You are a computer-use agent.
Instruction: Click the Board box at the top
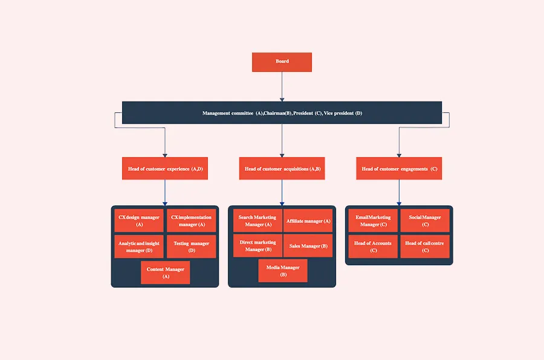click(x=282, y=62)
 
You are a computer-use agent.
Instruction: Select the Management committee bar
click(x=282, y=113)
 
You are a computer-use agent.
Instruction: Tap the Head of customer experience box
click(x=165, y=169)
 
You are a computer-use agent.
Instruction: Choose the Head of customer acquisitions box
click(x=282, y=169)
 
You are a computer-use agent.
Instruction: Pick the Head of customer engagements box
click(x=399, y=169)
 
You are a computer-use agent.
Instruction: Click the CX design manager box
click(x=139, y=220)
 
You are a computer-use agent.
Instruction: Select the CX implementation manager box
click(x=191, y=220)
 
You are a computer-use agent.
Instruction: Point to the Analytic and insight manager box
click(x=139, y=246)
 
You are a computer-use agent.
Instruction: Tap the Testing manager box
click(x=191, y=246)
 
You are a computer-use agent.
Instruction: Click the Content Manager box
click(x=165, y=272)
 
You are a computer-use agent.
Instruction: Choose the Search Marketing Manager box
click(x=257, y=220)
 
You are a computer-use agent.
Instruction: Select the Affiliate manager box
click(x=308, y=220)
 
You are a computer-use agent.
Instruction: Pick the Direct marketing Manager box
click(x=257, y=246)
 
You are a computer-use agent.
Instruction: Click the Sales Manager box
click(x=308, y=246)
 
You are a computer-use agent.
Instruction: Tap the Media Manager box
click(x=283, y=271)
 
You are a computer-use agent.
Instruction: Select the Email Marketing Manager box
click(x=373, y=220)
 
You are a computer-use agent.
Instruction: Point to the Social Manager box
click(x=425, y=220)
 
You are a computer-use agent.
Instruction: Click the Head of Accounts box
click(x=373, y=246)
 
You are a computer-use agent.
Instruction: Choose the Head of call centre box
click(x=425, y=246)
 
